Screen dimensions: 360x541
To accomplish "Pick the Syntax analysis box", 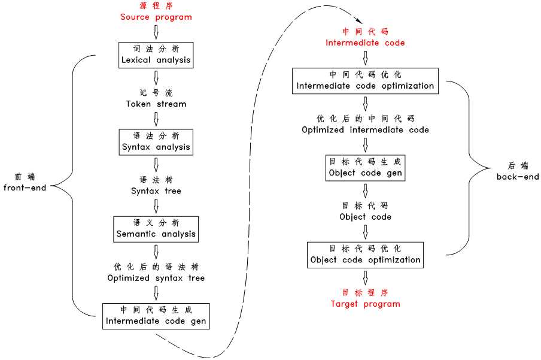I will tap(156, 141).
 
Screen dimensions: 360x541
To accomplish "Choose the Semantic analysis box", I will tap(156, 228).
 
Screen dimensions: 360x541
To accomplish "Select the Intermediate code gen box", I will tap(156, 316).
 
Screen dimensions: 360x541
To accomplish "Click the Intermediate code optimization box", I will tap(365, 80).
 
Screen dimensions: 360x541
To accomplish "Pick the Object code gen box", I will tap(365, 167).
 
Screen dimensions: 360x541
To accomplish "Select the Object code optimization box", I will tap(365, 255).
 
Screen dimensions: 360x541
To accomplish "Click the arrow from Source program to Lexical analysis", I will tap(156, 32).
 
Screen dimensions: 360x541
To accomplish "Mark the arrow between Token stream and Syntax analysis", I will tap(156, 119).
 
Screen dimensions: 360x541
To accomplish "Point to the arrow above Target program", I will tap(365, 277).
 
